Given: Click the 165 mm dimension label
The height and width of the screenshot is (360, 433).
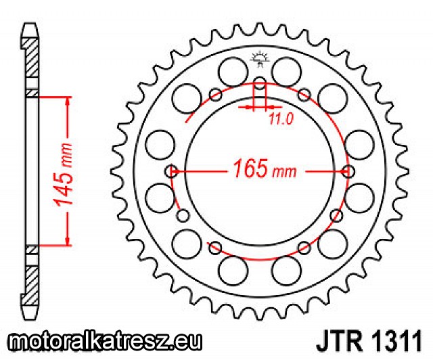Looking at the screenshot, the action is click(x=265, y=168).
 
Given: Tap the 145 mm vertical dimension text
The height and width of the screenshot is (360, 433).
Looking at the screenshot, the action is click(x=63, y=175).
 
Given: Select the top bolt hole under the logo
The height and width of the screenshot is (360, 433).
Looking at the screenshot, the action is click(x=260, y=83).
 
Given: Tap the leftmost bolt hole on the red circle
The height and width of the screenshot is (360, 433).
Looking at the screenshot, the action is click(x=171, y=171).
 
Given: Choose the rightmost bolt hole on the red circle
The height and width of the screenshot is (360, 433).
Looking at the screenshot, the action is click(x=348, y=171).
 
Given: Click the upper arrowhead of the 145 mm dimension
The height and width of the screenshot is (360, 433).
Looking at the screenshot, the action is click(x=67, y=101).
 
